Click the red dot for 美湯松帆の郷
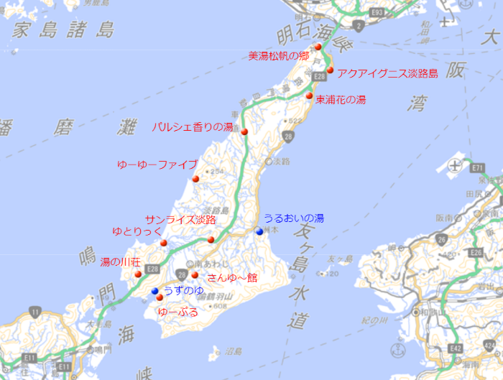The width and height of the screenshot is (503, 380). pyautogui.click(x=318, y=47)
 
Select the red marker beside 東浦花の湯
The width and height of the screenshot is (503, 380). pyautogui.click(x=309, y=96)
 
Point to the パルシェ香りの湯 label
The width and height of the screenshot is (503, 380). pyautogui.click(x=193, y=127)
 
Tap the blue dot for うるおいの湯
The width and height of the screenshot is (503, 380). pyautogui.click(x=259, y=231)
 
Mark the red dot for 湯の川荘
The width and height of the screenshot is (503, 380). pyautogui.click(x=138, y=274)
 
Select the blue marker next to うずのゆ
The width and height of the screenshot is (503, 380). pyautogui.click(x=154, y=291)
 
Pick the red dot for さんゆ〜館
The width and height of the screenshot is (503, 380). pyautogui.click(x=195, y=274)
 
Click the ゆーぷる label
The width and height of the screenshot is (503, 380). pyautogui.click(x=177, y=312)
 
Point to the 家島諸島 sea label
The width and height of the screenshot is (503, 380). pyautogui.click(x=64, y=30)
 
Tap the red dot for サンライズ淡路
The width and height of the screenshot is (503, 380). pyautogui.click(x=211, y=239)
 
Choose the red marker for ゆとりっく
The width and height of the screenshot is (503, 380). pyautogui.click(x=164, y=243)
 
